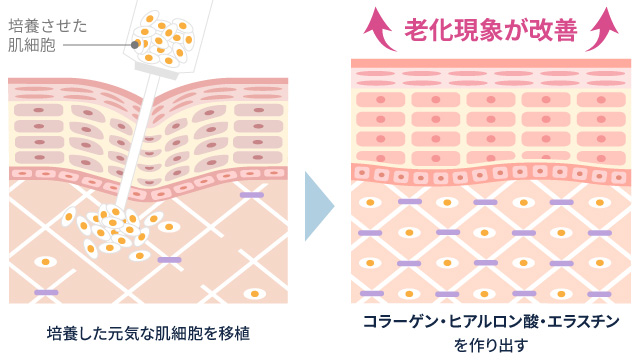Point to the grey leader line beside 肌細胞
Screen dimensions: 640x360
96,45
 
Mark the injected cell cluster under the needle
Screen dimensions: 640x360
112,229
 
